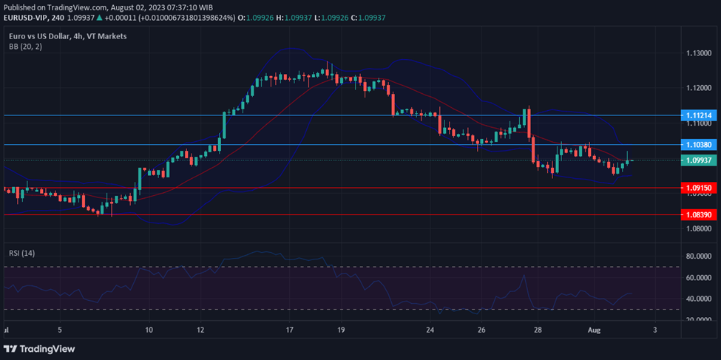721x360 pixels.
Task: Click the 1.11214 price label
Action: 699,115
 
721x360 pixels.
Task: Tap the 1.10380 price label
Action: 699,145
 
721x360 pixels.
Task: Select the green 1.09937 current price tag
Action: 699,160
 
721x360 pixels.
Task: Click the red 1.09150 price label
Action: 699,188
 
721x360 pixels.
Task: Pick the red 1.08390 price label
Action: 699,214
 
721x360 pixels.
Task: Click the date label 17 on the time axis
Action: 289,330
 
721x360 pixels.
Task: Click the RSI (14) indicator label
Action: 22,253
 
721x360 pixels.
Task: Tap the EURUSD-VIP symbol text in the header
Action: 25,17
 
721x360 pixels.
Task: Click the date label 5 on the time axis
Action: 61,330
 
